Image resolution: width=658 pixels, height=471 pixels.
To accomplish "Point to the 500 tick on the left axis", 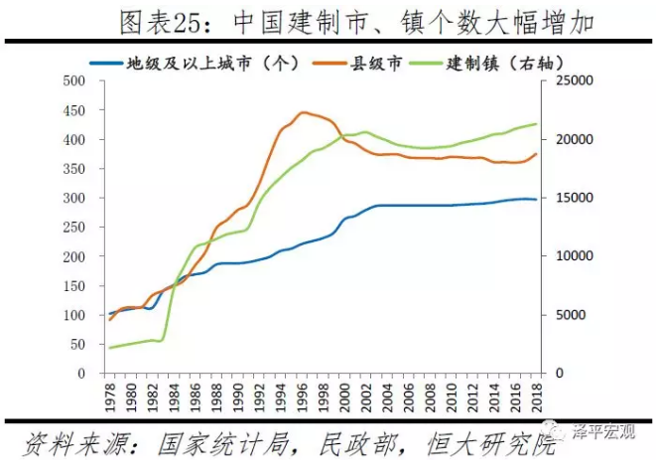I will tap(73, 80).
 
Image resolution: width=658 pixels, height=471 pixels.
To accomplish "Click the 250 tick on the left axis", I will tap(73, 228).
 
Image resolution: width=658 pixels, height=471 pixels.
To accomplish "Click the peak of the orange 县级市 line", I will tap(303, 112).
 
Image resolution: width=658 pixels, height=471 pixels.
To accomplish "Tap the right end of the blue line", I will tap(537, 200).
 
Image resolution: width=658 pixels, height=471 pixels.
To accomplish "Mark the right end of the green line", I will tap(537, 124).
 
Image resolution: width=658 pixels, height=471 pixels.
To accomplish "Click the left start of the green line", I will tap(110, 348).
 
